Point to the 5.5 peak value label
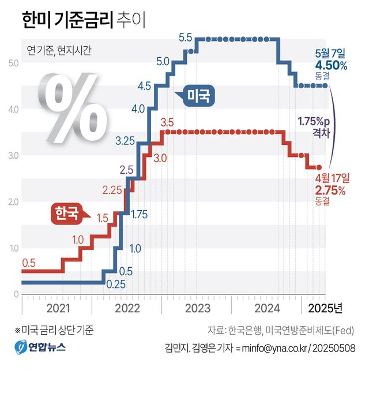185,38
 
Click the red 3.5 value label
167,122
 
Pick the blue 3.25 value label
125,140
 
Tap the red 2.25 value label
112,190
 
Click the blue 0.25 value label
116,283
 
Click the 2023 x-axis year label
197,308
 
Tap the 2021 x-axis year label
57,308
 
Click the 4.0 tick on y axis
12,109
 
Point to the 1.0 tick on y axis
12,248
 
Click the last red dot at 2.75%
319,167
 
